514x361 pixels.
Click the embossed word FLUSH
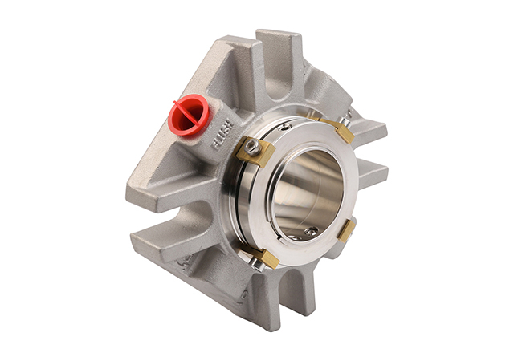pos(223,135)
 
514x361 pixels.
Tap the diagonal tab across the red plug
pos(186,112)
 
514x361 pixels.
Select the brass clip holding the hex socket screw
pos(255,152)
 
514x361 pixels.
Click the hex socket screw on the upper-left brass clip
pos(254,147)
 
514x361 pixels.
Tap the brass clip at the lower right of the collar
pos(346,231)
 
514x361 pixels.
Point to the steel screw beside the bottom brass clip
pos(255,262)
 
